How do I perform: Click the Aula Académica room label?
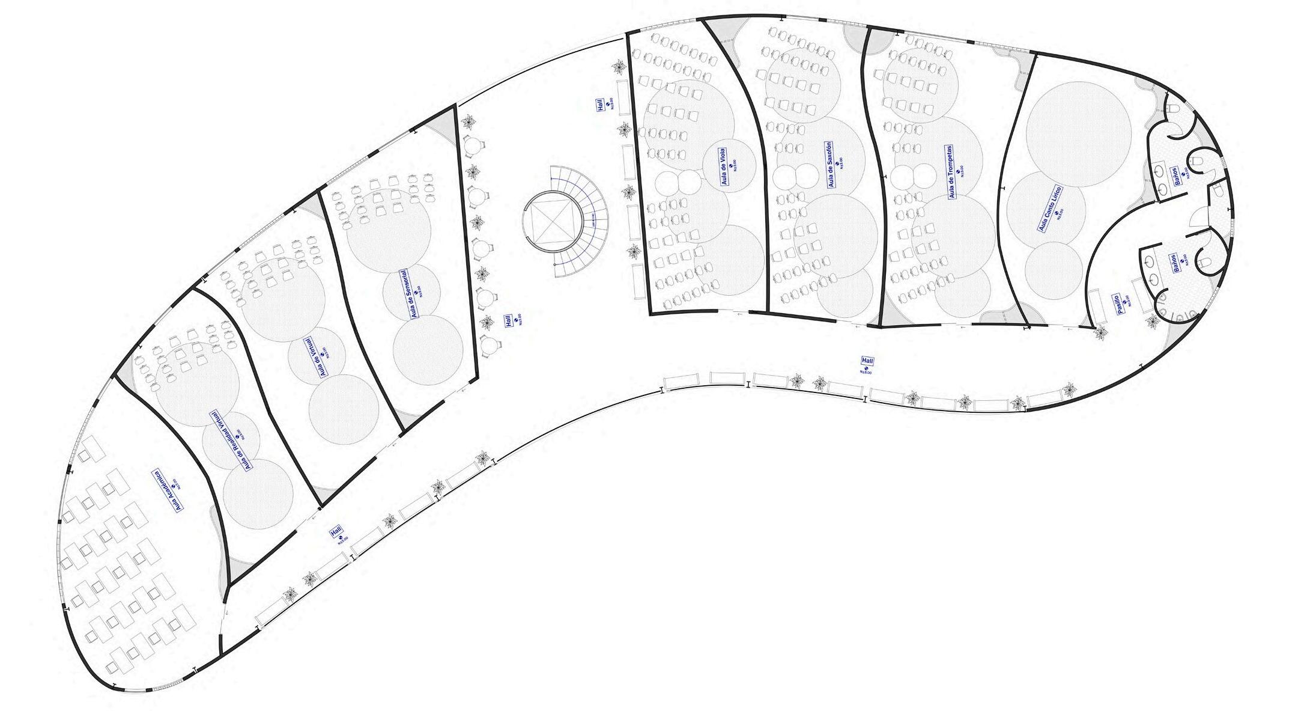[168, 490]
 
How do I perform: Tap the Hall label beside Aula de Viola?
[599, 106]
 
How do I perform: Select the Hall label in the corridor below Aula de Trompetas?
[867, 361]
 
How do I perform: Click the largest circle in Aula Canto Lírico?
[1078, 133]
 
